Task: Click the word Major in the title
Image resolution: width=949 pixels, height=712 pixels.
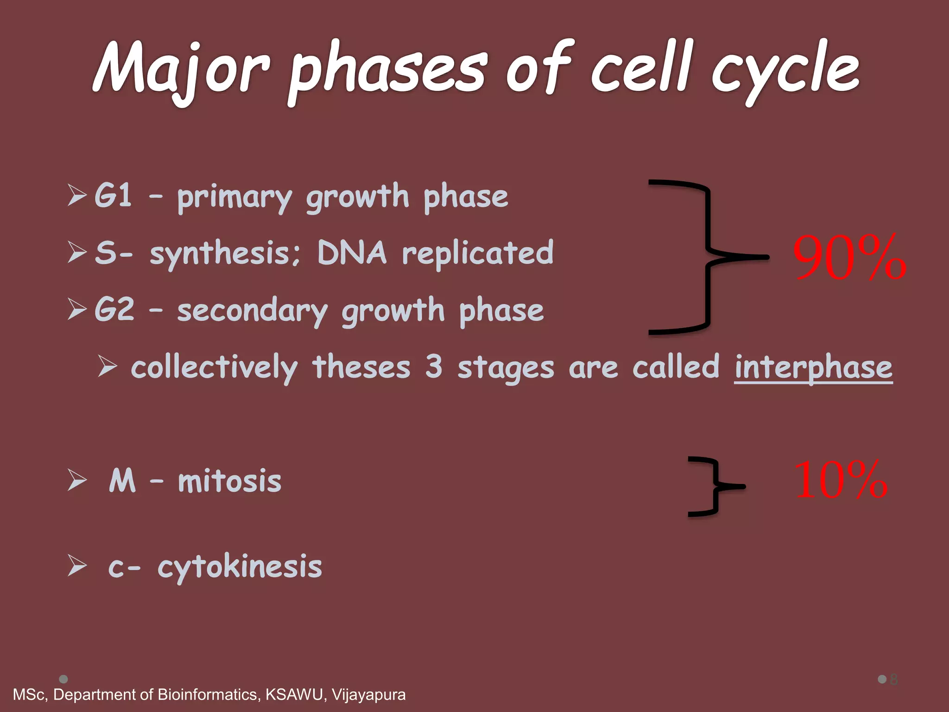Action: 181,70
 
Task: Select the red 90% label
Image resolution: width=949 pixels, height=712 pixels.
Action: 849,258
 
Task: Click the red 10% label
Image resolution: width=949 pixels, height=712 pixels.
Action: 840,481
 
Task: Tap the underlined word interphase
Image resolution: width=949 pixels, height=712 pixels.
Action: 813,367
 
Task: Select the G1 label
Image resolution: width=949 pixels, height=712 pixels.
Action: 113,195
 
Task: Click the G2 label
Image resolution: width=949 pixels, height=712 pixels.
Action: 114,309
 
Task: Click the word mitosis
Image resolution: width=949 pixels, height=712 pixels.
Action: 230,481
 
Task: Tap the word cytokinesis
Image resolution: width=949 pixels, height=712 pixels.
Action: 240,566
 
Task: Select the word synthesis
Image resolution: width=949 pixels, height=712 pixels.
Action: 225,254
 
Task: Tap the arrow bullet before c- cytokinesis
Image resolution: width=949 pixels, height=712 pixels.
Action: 77,566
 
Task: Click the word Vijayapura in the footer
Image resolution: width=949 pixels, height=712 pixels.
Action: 368,694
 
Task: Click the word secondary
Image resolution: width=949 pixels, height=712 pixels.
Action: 253,310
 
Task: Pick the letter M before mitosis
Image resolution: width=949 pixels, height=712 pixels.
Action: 122,481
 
